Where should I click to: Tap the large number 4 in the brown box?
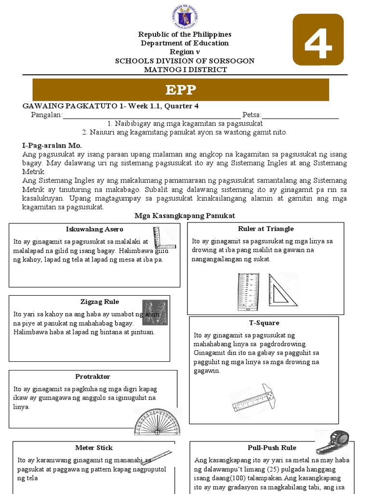[318, 40]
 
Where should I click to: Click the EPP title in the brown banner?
[181, 90]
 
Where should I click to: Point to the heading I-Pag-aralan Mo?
[52, 145]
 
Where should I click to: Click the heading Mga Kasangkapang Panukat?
[185, 215]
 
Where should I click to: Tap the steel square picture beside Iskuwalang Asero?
[163, 238]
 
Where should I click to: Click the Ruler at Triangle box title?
[265, 229]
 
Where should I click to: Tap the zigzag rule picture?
[155, 312]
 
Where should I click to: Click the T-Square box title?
[264, 323]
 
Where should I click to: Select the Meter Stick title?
[94, 448]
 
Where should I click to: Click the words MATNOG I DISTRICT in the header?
[185, 69]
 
